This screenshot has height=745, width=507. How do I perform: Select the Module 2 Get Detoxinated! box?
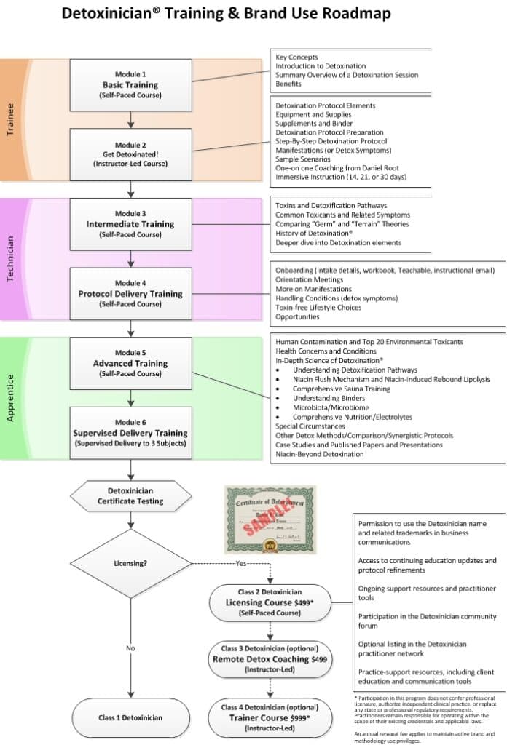130,154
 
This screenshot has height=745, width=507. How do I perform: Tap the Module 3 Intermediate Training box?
130,223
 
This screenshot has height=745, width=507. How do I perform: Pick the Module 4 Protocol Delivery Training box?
130,293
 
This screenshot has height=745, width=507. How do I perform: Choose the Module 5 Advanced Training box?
130,363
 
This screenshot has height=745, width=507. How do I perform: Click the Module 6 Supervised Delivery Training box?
130,433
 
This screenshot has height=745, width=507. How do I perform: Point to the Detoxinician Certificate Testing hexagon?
130,495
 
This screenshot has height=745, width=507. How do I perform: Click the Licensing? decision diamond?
130,562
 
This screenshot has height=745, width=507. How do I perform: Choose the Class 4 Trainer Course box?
270,717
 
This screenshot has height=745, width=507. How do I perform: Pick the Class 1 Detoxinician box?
130,717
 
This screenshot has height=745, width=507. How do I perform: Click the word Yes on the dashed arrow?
241,562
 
